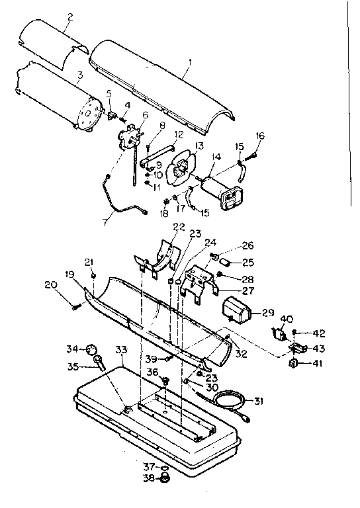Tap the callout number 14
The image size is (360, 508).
coord(216,157)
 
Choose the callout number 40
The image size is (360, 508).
coord(287,318)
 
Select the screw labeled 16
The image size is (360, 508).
coord(254,156)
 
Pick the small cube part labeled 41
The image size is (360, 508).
coord(293,363)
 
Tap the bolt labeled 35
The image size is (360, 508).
coord(101,362)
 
